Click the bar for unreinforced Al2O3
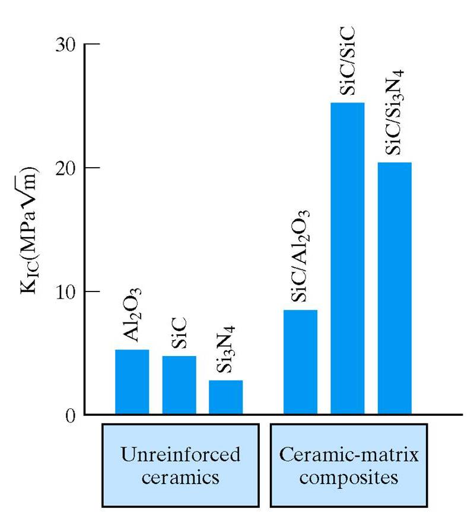tap(132, 382)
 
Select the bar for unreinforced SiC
tap(179, 385)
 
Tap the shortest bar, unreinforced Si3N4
tap(225, 397)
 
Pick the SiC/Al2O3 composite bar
tap(300, 362)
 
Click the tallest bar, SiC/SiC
tap(347, 258)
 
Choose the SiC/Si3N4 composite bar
tap(394, 288)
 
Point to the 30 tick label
tap(66, 45)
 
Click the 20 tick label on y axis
tap(66, 168)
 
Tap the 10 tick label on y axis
tap(66, 291)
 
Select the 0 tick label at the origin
tap(71, 415)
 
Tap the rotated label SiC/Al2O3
tap(301, 255)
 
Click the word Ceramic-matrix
tap(349, 455)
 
